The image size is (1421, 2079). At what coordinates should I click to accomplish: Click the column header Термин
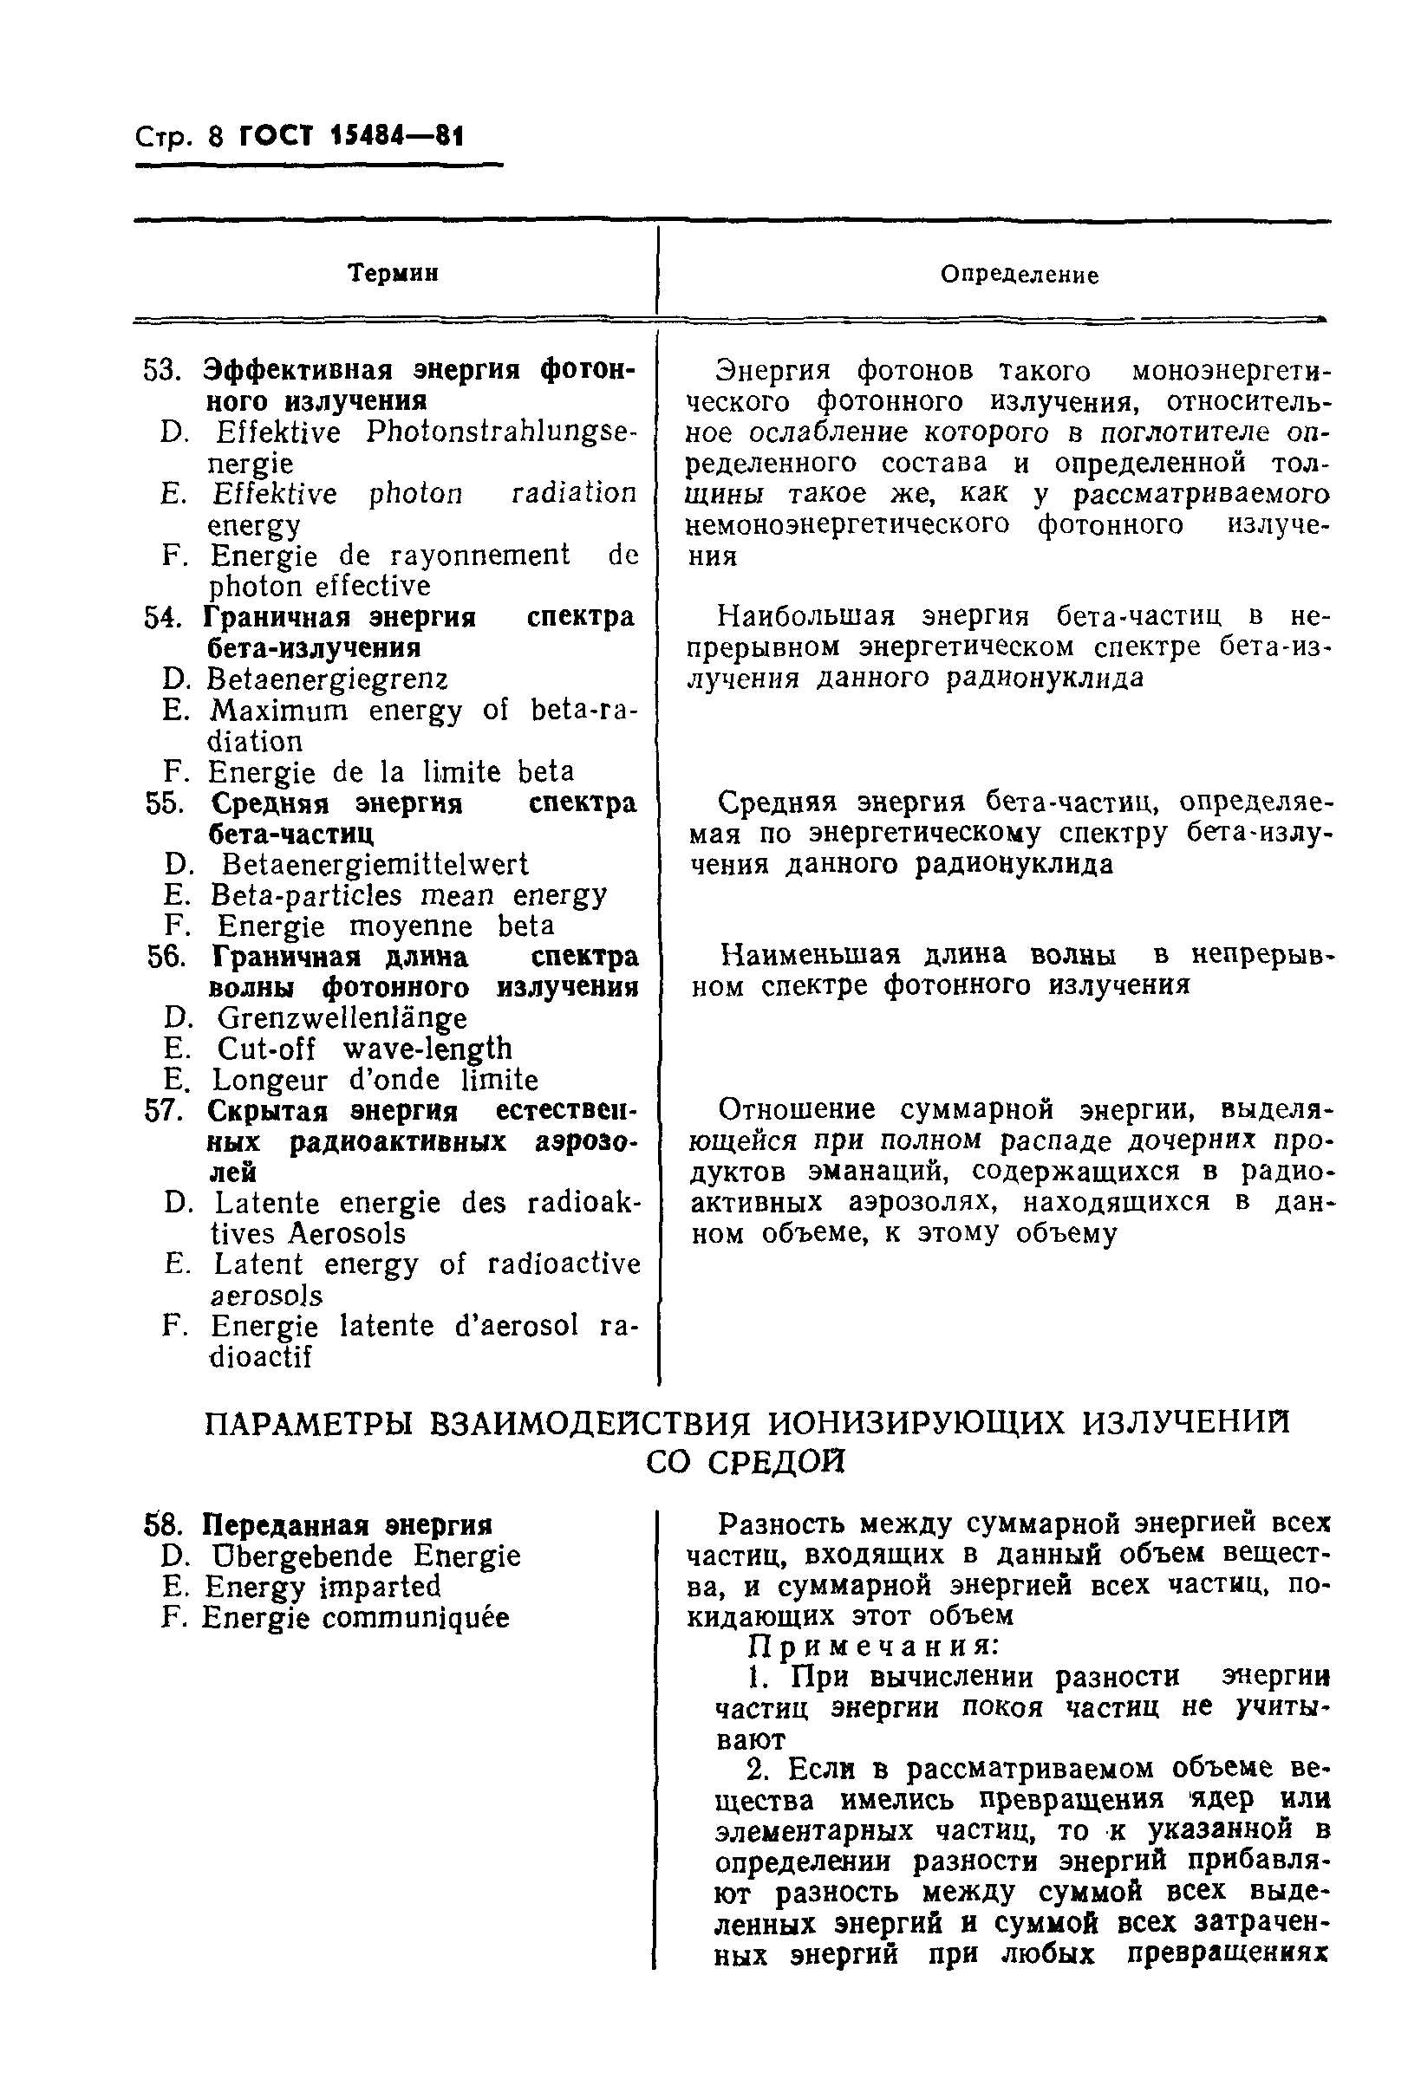point(393,273)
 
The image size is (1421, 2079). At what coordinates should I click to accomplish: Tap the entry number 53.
point(163,369)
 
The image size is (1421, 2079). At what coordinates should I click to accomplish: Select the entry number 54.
point(163,617)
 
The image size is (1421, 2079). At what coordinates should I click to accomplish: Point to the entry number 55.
point(165,803)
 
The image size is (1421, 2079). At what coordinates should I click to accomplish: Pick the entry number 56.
point(166,958)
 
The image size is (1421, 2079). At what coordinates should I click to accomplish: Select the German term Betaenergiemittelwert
point(374,865)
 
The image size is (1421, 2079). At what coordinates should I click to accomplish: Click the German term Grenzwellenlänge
point(342,1018)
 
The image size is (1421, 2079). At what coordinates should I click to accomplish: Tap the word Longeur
point(271,1080)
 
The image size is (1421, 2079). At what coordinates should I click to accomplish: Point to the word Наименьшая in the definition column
point(810,955)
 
